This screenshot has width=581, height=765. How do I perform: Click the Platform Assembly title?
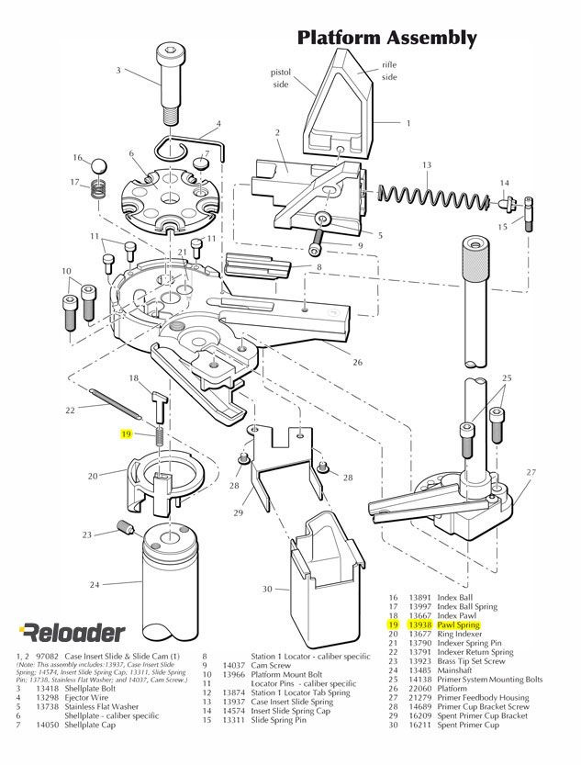[x=386, y=38]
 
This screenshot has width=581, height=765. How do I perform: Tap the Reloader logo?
[x=61, y=632]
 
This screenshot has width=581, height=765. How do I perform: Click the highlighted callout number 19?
[x=128, y=433]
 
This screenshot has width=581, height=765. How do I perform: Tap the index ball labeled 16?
[x=98, y=165]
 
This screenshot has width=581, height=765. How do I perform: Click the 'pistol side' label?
[x=280, y=77]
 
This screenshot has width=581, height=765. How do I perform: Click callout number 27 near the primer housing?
[x=531, y=472]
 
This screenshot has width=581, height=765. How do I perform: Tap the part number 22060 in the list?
[x=420, y=689]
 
